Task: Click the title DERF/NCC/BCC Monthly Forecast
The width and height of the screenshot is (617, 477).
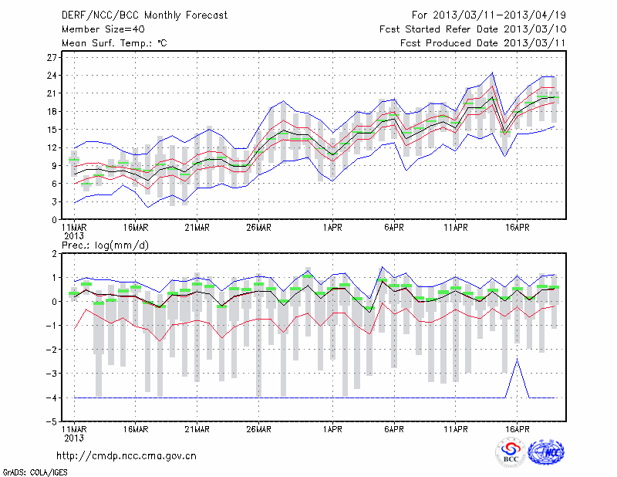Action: click(144, 15)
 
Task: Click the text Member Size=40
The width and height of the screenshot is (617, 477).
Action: click(98, 29)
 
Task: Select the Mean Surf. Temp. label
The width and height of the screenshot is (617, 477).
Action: click(113, 42)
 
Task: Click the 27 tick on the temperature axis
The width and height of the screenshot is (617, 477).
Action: click(52, 57)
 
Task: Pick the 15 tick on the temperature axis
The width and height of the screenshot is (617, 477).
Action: click(52, 129)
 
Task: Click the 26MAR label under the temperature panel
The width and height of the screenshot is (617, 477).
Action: click(258, 228)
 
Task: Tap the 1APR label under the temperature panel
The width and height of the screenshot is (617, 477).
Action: click(332, 228)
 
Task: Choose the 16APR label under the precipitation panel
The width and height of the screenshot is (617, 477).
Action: click(518, 429)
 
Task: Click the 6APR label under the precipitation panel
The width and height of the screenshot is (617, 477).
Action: click(394, 429)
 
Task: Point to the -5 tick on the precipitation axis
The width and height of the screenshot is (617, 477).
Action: click(51, 421)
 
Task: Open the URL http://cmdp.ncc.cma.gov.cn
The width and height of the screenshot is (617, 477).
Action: click(126, 455)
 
